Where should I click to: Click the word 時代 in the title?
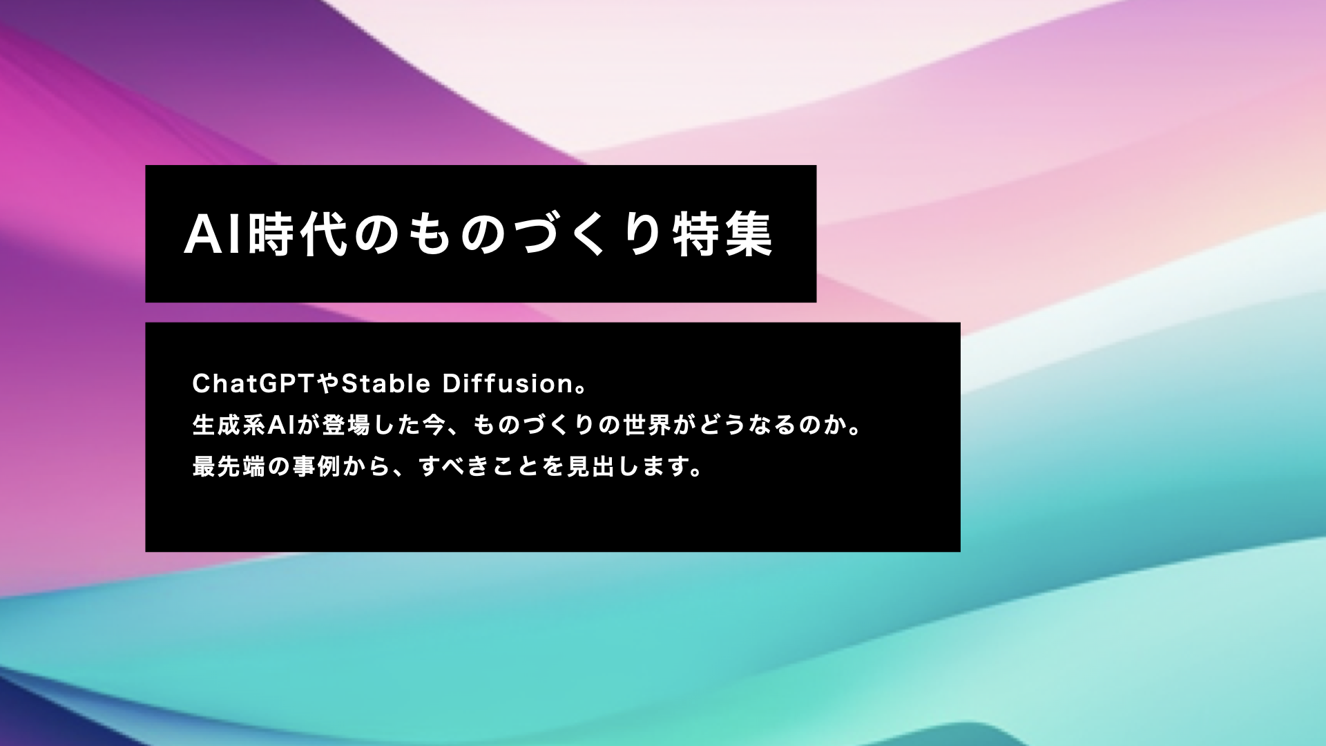point(298,235)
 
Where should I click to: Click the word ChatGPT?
point(253,383)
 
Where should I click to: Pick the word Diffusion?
point(508,383)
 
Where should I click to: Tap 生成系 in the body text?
point(229,425)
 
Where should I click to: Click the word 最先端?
point(229,467)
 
